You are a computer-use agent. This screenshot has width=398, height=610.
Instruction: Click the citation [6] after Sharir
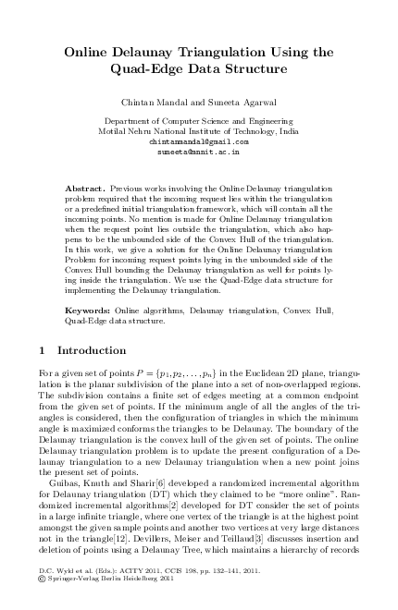(x=160, y=470)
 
